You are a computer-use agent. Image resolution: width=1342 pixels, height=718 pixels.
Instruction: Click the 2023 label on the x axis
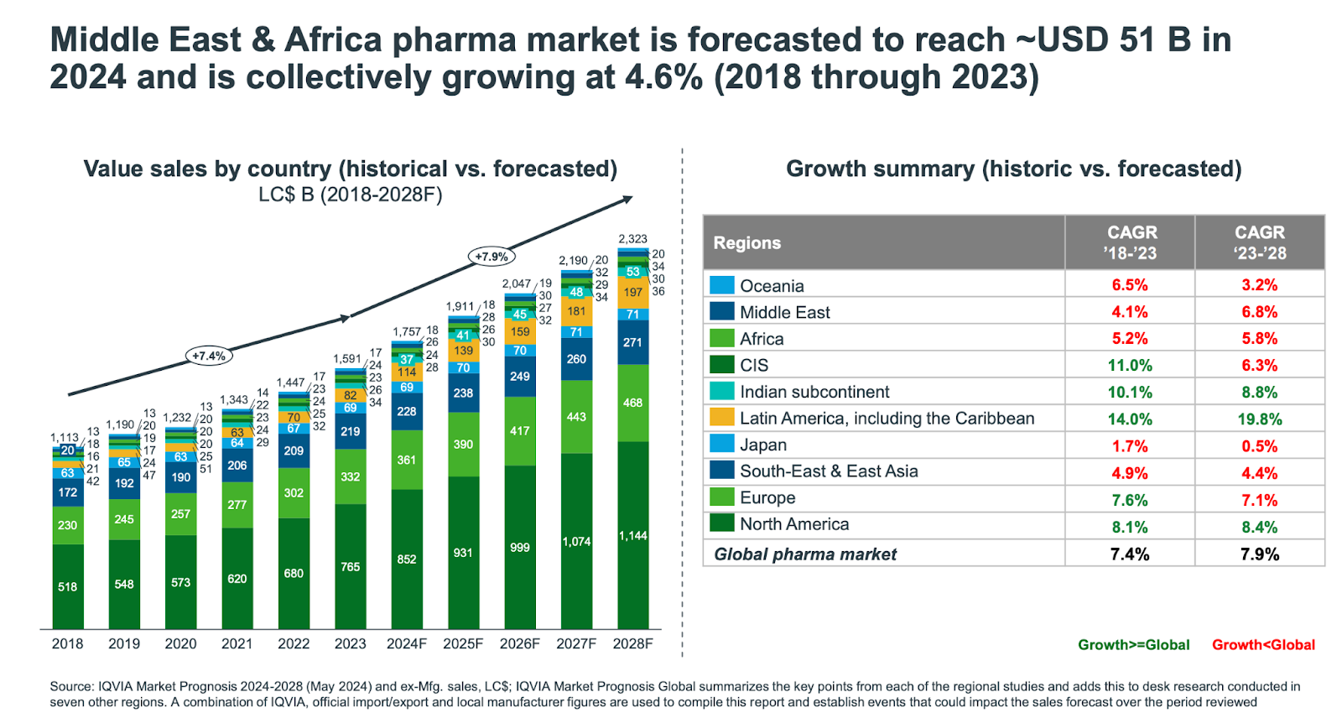pyautogui.click(x=350, y=643)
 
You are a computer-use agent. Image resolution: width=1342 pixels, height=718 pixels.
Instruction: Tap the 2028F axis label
pyautogui.click(x=632, y=643)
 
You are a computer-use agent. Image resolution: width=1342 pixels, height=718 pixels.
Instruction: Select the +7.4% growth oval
pyautogui.click(x=209, y=356)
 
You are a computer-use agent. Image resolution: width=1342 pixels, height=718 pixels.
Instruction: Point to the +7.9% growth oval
pyautogui.click(x=492, y=257)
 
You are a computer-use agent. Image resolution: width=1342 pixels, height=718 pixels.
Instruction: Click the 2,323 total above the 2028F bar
pyautogui.click(x=632, y=239)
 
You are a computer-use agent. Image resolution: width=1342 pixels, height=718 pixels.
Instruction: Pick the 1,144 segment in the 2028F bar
pyautogui.click(x=632, y=535)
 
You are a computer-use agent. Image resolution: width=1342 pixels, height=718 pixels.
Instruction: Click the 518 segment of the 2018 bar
pyautogui.click(x=68, y=587)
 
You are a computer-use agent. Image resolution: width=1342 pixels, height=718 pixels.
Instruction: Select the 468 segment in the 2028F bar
pyautogui.click(x=632, y=403)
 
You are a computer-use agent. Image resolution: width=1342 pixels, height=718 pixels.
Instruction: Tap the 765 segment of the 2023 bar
pyautogui.click(x=350, y=567)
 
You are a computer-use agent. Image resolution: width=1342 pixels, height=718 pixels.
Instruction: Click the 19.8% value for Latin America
pyautogui.click(x=1259, y=419)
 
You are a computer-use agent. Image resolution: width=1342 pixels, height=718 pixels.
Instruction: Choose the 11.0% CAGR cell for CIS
pyautogui.click(x=1130, y=366)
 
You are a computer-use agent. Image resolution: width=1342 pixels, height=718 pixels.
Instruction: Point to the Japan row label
pyautogui.click(x=763, y=445)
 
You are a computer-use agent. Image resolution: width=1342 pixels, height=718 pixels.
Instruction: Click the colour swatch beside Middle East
pyautogui.click(x=722, y=312)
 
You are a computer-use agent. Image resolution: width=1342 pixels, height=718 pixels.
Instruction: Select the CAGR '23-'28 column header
pyautogui.click(x=1259, y=242)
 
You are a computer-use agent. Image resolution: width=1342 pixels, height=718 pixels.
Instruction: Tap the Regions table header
pyautogui.click(x=747, y=243)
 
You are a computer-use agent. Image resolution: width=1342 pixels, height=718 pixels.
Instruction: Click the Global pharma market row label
pyautogui.click(x=805, y=554)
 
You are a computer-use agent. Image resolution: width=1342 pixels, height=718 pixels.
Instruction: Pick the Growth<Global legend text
pyautogui.click(x=1263, y=645)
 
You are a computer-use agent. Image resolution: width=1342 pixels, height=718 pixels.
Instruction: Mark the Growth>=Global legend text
pyautogui.click(x=1133, y=645)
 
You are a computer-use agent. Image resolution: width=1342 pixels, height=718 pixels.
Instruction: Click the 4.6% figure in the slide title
pyautogui.click(x=663, y=78)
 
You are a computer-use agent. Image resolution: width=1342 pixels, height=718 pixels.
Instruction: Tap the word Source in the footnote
pyautogui.click(x=70, y=686)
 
